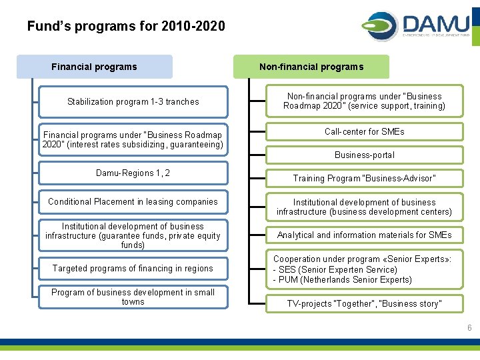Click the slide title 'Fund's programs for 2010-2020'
(x=126, y=27)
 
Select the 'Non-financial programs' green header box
(x=311, y=67)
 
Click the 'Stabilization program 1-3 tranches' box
(x=133, y=102)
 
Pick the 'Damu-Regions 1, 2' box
(x=133, y=173)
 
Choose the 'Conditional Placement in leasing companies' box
(x=133, y=202)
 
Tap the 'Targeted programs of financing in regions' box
(x=133, y=269)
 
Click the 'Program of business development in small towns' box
(x=133, y=297)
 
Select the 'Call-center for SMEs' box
(x=364, y=132)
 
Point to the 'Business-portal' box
(x=364, y=155)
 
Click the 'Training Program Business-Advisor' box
(x=364, y=179)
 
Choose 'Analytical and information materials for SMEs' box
(x=364, y=235)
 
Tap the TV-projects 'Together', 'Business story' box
(x=364, y=304)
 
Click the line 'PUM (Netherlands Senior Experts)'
(x=343, y=280)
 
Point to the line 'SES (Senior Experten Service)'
(x=335, y=270)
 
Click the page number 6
(x=469, y=328)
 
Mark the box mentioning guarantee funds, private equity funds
(x=133, y=236)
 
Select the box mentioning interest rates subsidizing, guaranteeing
(x=133, y=140)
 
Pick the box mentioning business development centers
(x=364, y=207)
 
